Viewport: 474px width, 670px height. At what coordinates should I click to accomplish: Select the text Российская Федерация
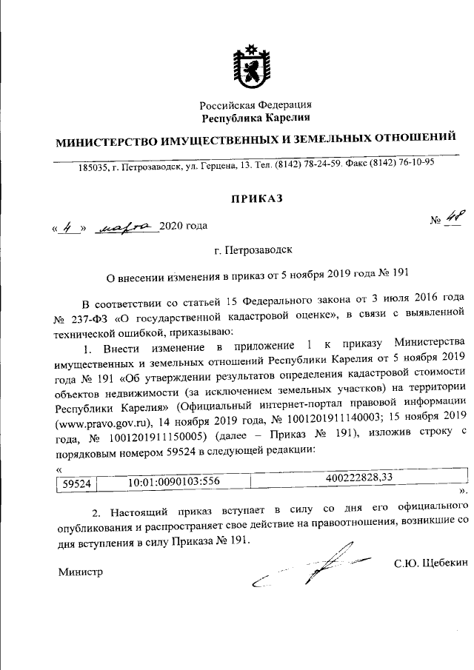pos(256,105)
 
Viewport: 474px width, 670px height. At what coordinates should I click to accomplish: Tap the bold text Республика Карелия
pos(256,118)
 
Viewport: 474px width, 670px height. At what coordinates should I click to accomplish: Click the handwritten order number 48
pos(452,216)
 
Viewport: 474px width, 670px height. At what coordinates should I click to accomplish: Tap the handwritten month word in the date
pos(124,226)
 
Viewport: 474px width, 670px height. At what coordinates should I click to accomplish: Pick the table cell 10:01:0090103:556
pos(167,482)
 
